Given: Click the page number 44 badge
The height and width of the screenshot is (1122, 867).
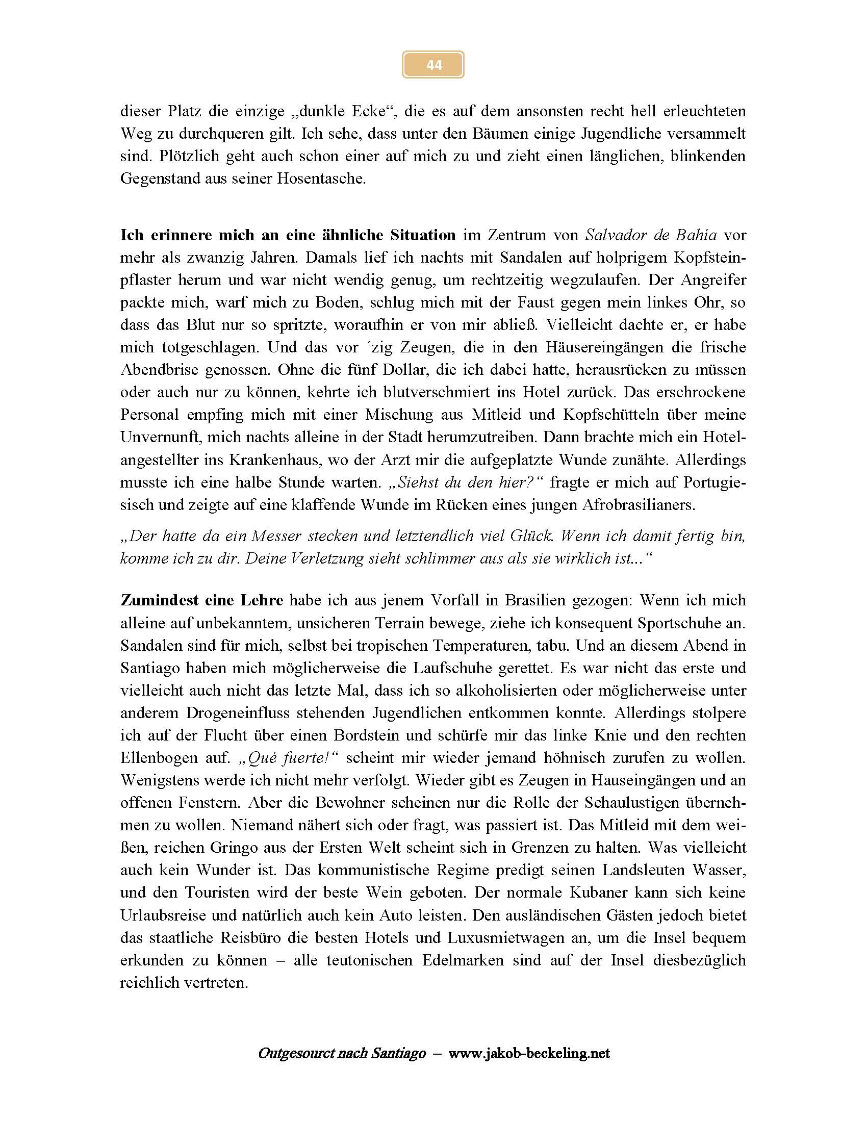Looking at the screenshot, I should [x=433, y=65].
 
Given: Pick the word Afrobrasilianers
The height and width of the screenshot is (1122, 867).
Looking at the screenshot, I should [x=638, y=504].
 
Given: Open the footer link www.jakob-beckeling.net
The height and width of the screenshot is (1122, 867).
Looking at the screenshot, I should [x=529, y=1054].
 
